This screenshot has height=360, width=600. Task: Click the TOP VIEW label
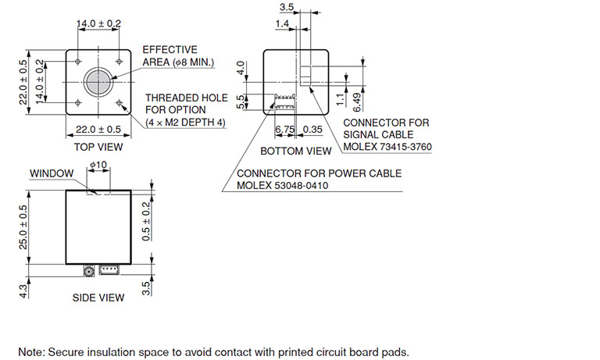98,147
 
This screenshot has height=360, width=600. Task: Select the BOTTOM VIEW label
296,151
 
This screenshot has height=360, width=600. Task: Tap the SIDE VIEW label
98,298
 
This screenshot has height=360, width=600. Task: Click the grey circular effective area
98,81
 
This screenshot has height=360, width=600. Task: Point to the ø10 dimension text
98,165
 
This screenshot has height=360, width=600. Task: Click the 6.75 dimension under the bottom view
284,130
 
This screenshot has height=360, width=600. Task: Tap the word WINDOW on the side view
52,173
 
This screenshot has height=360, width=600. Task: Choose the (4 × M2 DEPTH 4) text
186,123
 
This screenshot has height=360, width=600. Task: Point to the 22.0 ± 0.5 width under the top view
98,130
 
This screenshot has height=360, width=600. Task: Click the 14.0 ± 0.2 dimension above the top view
98,24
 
